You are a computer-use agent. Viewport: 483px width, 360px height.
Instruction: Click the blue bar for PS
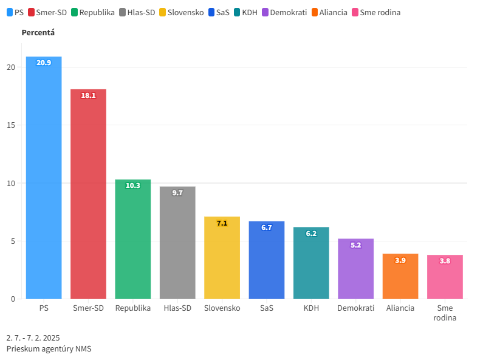[44, 182]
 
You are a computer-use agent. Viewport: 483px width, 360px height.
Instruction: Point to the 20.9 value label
[44, 63]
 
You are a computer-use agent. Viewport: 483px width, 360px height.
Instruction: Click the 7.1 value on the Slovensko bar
[222, 223]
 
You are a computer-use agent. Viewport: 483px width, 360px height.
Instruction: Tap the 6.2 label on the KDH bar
[311, 234]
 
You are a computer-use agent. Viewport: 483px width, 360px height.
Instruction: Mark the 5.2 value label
[355, 245]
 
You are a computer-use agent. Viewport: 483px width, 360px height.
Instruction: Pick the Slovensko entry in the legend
[181, 12]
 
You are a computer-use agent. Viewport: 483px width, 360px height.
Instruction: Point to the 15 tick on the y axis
[11, 125]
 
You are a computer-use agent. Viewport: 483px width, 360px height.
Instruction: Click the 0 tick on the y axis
[13, 299]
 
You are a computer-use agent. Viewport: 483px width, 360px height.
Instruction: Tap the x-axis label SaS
[266, 308]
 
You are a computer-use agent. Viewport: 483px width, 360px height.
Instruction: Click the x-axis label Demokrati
[355, 308]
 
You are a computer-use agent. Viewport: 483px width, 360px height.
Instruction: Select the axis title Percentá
[38, 32]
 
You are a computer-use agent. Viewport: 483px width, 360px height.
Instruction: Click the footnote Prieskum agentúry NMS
[49, 348]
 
